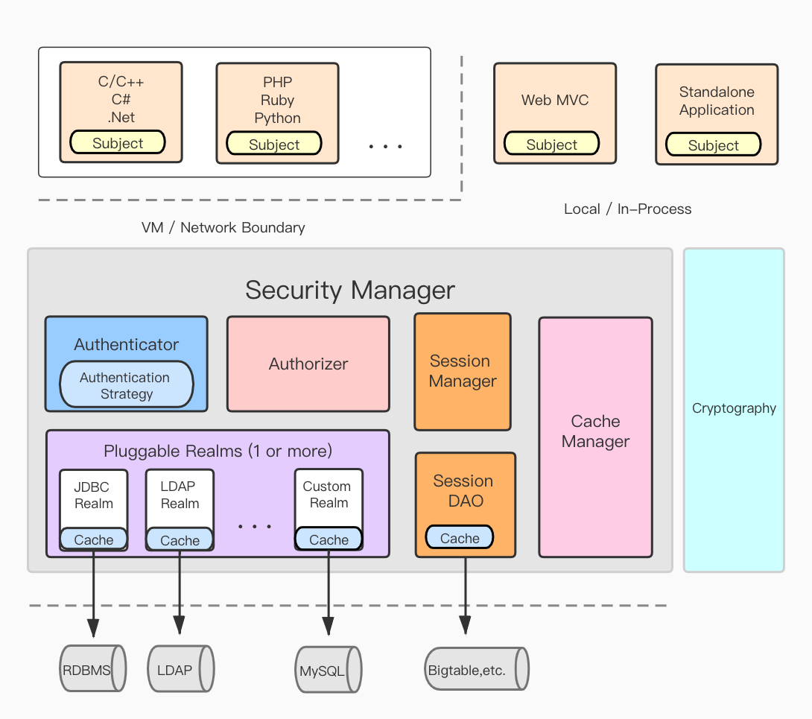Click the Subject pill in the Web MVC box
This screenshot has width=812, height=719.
pyautogui.click(x=551, y=145)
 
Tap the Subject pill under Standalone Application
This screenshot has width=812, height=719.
pyautogui.click(x=713, y=145)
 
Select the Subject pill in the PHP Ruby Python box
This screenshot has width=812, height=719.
pyautogui.click(x=273, y=145)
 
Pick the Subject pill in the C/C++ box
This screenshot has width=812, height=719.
pyautogui.click(x=118, y=143)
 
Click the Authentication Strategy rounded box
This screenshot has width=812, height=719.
pyautogui.click(x=126, y=385)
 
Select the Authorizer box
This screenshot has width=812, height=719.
pyautogui.click(x=308, y=364)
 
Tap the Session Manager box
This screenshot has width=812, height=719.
pyautogui.click(x=462, y=371)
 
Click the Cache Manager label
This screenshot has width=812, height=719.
pyautogui.click(x=595, y=431)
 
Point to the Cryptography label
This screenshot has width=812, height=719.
pyautogui.click(x=734, y=408)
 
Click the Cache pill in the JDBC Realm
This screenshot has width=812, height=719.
pyautogui.click(x=94, y=539)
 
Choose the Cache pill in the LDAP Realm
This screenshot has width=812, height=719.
pyautogui.click(x=180, y=540)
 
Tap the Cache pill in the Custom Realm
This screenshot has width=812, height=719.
pyautogui.click(x=329, y=539)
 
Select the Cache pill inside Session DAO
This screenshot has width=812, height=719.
pyautogui.click(x=459, y=538)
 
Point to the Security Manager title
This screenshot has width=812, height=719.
pyautogui.click(x=349, y=290)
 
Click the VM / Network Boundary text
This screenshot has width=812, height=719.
pyautogui.click(x=223, y=228)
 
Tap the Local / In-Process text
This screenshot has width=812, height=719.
pyautogui.click(x=627, y=209)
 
